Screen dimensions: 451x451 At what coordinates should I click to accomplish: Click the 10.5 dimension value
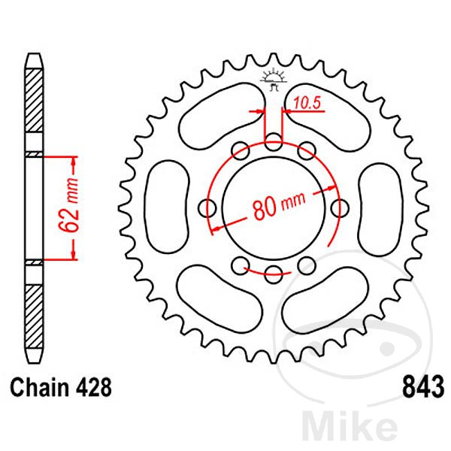(307, 103)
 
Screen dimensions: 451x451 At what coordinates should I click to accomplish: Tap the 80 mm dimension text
(279, 205)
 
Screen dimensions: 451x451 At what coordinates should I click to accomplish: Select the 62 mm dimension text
(68, 205)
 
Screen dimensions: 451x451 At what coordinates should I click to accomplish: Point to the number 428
(93, 387)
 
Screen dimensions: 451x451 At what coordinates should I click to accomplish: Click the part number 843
(423, 387)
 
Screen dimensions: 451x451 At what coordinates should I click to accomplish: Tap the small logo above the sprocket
(274, 80)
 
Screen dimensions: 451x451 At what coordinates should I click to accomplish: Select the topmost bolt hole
(274, 142)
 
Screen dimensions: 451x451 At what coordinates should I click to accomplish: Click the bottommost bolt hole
(274, 274)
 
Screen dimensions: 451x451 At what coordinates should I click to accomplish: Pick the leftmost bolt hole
(207, 208)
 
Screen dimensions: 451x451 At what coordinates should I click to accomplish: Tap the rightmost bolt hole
(340, 208)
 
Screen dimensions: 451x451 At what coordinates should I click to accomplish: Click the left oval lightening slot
(168, 207)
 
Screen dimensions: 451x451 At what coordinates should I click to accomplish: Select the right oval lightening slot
(380, 210)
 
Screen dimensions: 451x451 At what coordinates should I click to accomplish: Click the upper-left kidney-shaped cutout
(222, 117)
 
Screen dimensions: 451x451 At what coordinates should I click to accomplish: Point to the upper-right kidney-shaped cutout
(327, 117)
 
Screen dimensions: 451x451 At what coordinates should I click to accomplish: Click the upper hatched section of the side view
(35, 101)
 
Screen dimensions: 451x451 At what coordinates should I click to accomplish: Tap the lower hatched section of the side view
(35, 316)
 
